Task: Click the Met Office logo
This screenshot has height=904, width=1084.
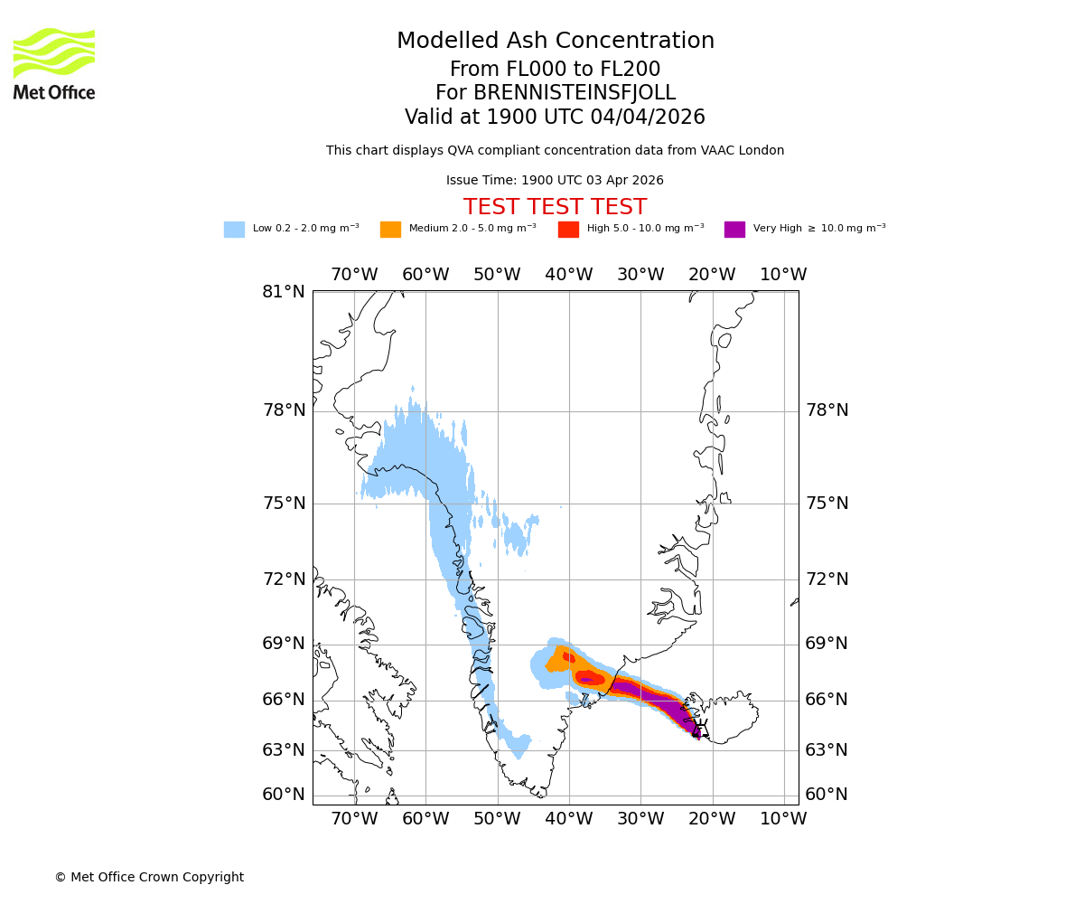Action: coord(54,63)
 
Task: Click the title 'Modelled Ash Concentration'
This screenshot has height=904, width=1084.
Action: coord(555,42)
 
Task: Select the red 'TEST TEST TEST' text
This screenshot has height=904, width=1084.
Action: coord(555,207)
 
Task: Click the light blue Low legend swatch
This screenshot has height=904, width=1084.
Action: coord(234,230)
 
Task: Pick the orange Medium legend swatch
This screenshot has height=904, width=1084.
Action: coord(390,230)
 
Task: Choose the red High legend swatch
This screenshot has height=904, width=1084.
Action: coord(568,230)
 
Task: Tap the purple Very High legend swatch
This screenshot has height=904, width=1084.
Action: coord(734,230)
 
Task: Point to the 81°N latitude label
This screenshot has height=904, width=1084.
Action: coord(284,292)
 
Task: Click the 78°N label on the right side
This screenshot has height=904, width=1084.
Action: coord(827,410)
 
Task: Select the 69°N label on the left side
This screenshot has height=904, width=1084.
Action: coord(284,644)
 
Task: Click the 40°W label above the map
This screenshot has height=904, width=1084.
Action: coord(569,275)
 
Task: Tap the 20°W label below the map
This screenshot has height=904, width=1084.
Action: coord(712,819)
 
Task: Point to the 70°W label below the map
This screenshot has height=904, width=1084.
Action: coord(354,819)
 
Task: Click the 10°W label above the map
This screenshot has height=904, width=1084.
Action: coord(783,275)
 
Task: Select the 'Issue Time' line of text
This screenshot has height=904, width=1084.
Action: coord(555,181)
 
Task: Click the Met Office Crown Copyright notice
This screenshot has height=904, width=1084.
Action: coord(149,878)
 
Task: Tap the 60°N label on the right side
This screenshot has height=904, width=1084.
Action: coord(827,795)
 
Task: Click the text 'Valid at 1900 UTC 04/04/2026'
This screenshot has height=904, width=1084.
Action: coord(555,118)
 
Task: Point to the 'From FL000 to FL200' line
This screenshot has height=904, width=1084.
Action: coord(555,70)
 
